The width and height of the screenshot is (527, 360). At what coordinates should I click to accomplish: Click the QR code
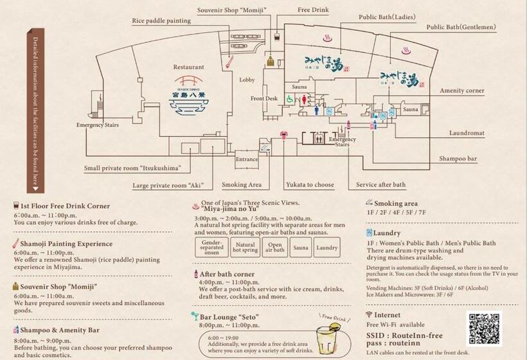point(484,329)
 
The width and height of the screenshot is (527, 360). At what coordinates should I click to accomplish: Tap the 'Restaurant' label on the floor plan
point(189,67)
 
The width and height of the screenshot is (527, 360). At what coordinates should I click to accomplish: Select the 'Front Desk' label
point(264,98)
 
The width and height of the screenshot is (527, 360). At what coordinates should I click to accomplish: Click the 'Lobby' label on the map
point(247,80)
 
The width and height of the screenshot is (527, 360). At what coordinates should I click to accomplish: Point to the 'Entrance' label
point(247,159)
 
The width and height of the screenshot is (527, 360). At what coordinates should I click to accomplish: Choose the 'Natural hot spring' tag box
point(246,248)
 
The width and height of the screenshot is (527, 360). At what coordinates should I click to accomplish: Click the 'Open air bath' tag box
point(274,248)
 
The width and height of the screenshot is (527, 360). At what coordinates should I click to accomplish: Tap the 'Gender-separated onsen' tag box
point(212,248)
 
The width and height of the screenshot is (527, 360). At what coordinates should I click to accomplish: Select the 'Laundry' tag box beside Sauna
point(327,248)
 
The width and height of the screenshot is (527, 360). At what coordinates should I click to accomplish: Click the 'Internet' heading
point(387,315)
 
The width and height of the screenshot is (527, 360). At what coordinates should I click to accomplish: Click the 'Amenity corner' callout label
point(461,91)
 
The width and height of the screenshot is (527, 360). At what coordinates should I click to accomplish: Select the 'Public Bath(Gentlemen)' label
point(461,27)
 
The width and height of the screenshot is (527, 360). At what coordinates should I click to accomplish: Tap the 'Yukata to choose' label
point(310,184)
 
